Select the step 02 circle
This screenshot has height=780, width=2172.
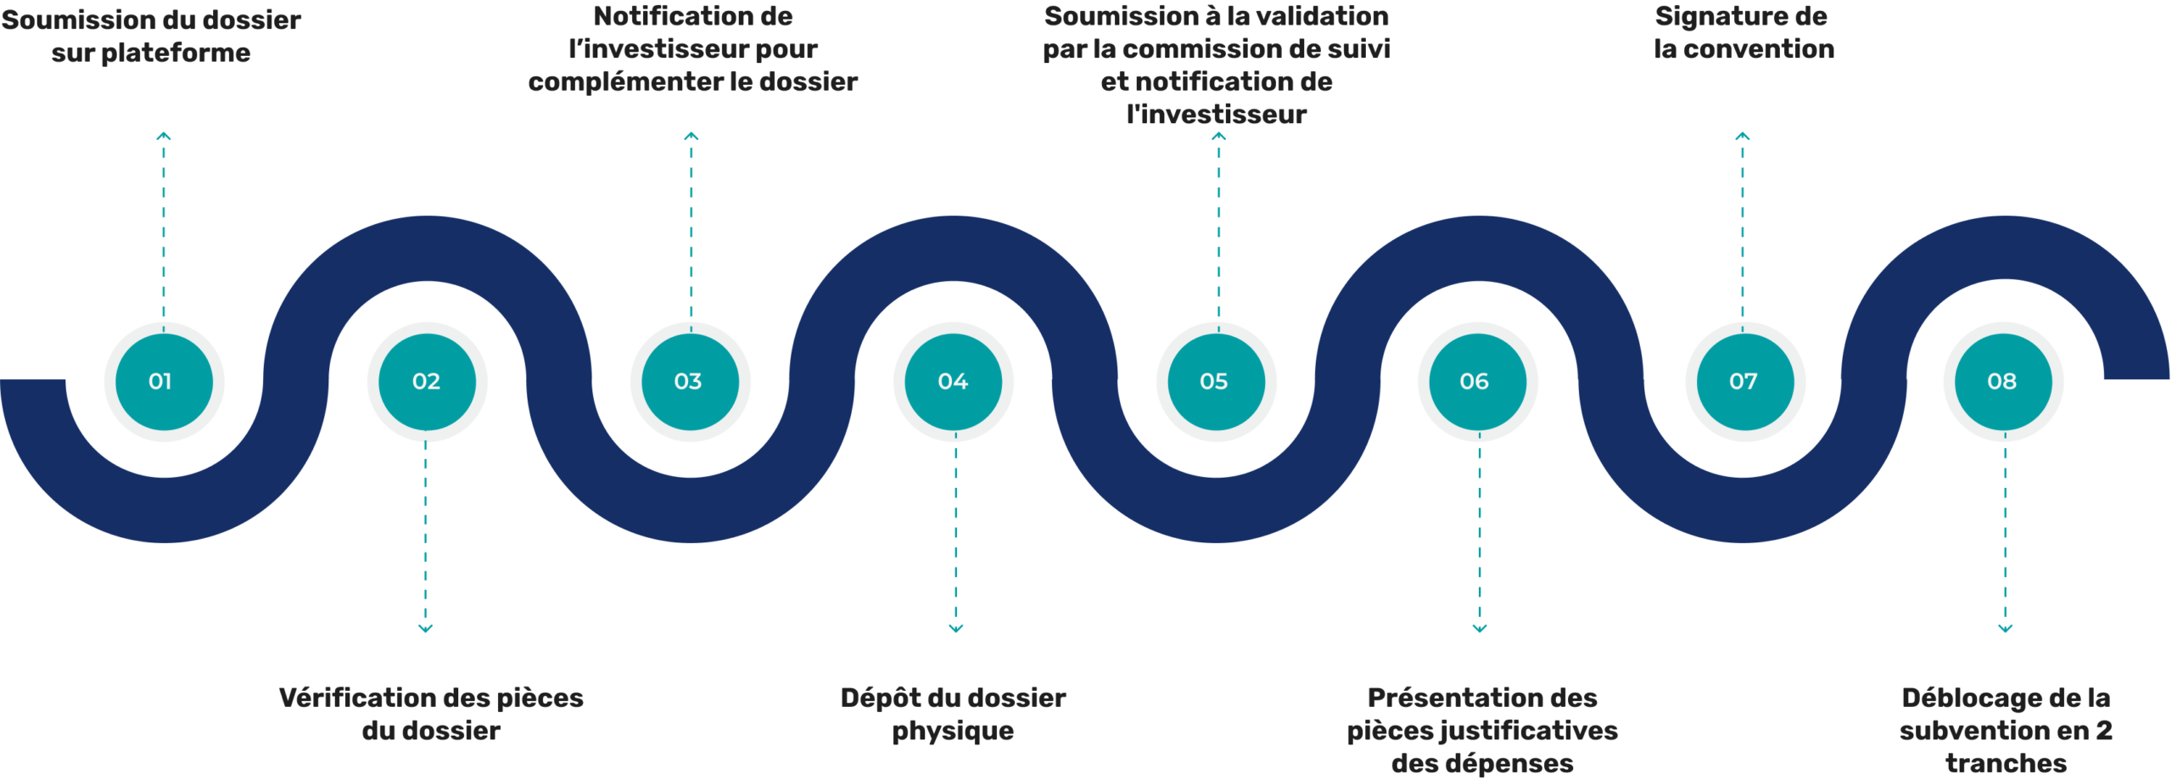426,382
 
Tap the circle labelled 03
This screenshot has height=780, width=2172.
689,382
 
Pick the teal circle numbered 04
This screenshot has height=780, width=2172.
954,382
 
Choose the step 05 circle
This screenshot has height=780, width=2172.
1215,382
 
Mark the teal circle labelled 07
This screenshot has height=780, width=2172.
1744,382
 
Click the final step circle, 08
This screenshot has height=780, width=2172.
2003,382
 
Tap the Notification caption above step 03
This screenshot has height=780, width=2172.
689,59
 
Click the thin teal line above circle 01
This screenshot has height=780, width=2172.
165,229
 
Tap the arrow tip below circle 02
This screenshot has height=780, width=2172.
427,627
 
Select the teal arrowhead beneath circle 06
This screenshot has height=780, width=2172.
1480,629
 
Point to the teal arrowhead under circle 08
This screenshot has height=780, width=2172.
2006,629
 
